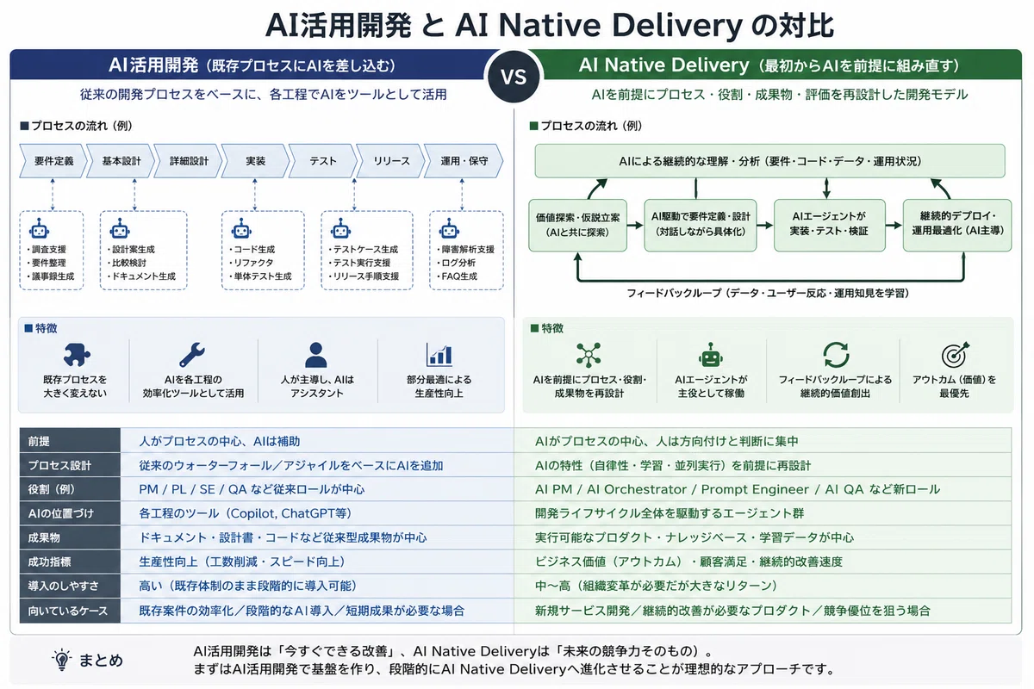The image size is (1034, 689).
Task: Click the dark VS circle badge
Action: tap(514, 77)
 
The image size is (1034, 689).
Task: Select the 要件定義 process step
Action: tap(53, 160)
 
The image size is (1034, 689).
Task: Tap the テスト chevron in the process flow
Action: tap(322, 160)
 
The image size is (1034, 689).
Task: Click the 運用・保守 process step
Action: tap(464, 160)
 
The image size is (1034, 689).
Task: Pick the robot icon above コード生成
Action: tap(241, 228)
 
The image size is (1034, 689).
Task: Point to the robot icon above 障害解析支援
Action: tap(449, 228)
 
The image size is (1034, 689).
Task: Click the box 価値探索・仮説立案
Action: tap(577, 225)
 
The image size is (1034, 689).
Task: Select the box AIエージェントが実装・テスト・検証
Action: tap(829, 225)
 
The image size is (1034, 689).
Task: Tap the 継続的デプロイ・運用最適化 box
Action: tap(957, 225)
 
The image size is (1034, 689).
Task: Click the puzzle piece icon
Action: tap(77, 355)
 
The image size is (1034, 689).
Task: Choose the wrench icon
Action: tap(192, 355)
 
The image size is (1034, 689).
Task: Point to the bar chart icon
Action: tap(439, 355)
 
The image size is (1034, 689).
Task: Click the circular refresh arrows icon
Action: tap(836, 355)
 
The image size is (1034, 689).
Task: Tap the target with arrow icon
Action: tap(955, 355)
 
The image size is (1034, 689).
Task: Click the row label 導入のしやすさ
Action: tap(63, 586)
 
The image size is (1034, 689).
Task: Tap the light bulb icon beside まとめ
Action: tap(61, 660)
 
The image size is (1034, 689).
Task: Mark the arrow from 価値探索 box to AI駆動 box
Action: tap(635, 225)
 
